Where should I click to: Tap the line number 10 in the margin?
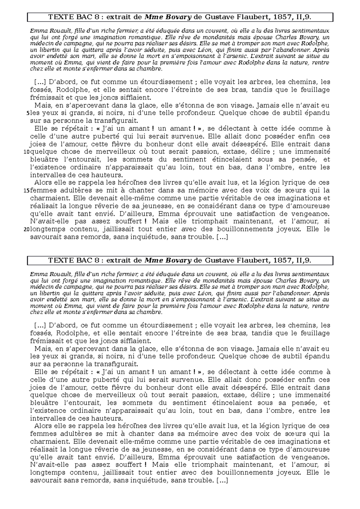(27, 152)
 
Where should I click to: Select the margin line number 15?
(27, 191)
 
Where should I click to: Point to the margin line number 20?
(27, 230)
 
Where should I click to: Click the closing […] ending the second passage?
(222, 481)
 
